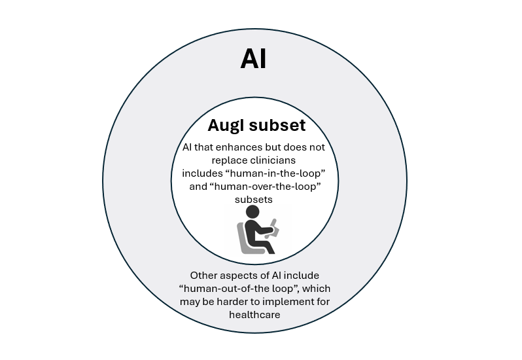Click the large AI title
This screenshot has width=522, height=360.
(x=253, y=59)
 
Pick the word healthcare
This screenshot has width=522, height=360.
(x=254, y=314)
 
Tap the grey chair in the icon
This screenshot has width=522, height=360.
(x=244, y=240)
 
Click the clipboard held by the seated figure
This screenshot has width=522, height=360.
(x=274, y=228)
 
